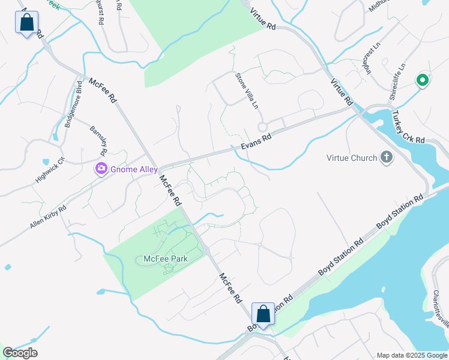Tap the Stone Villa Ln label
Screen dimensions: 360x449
(246, 90)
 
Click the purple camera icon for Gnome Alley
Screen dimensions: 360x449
(101, 169)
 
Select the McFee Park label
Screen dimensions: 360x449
(166, 259)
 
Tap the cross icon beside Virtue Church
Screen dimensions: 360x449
(387, 158)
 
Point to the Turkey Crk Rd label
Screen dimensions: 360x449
(408, 127)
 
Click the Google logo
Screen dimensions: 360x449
(20, 353)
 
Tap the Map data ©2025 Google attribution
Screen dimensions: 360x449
(412, 355)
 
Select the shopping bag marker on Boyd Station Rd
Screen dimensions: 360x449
(263, 313)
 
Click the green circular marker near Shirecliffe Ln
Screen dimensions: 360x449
(422, 79)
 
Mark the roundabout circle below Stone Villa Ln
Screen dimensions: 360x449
(262, 127)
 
